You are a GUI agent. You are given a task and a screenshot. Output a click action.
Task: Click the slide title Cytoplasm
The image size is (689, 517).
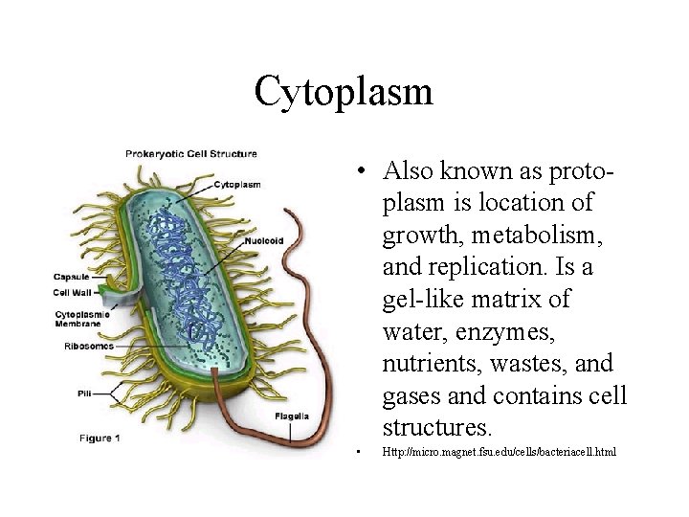[x=344, y=93]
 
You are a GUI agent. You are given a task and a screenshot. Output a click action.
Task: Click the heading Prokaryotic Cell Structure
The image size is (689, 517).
[x=191, y=153]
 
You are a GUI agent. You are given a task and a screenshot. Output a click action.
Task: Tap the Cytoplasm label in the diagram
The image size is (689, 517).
[x=237, y=185]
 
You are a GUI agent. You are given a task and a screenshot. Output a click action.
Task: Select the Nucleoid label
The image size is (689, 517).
[x=262, y=241]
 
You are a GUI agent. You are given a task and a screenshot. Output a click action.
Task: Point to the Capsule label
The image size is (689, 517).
[x=73, y=278]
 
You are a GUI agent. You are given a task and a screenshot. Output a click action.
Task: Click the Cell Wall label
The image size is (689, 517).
[x=73, y=293]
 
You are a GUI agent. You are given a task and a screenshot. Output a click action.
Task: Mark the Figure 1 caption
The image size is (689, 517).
[x=100, y=438]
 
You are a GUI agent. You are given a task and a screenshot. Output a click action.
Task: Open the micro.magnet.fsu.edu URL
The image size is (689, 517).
[x=500, y=450]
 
